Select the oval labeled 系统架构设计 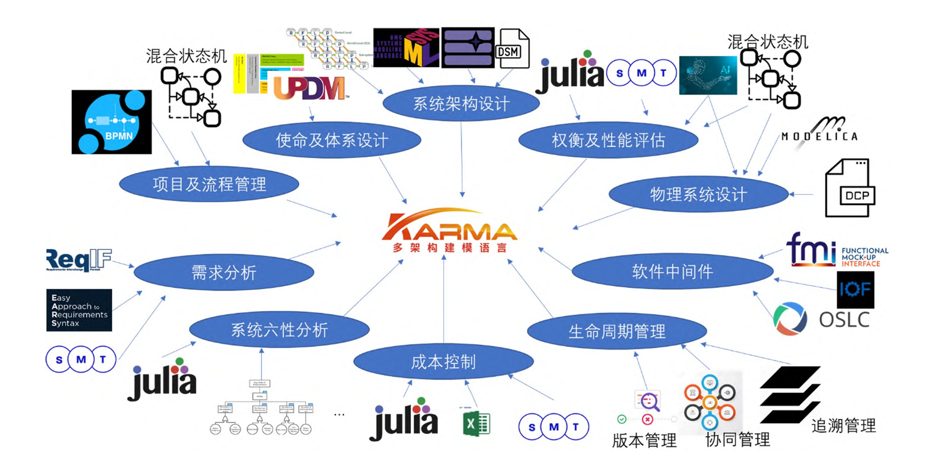[460, 104]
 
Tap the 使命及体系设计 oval [332, 141]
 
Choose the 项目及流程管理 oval [209, 183]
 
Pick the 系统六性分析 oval [279, 330]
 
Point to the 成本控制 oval [443, 362]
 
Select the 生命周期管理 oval [617, 332]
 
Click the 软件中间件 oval [672, 271]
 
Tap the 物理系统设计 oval [698, 195]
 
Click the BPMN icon [111, 122]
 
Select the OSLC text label [844, 318]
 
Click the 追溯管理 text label [843, 425]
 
